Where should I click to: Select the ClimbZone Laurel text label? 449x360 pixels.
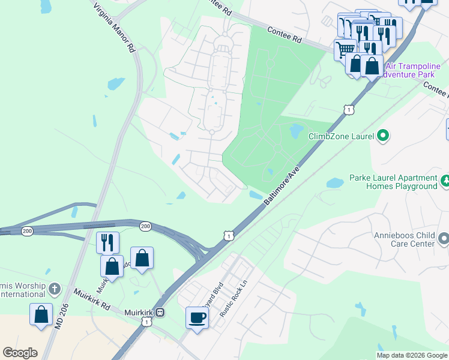[340, 136]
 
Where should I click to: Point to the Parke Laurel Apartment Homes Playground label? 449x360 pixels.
[393, 182]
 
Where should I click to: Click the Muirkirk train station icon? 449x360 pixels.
[160, 313]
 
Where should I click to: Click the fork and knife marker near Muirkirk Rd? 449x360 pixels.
[107, 242]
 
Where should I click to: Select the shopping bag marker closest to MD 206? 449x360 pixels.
[41, 314]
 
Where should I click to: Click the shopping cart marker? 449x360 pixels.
[345, 49]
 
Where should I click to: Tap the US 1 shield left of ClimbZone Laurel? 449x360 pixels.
[348, 109]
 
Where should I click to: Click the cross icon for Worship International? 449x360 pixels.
[55, 289]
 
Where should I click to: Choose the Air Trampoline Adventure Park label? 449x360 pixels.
[414, 71]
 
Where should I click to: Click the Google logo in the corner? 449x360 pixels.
[20, 352]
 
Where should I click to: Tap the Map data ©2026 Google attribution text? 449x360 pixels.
[412, 355]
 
